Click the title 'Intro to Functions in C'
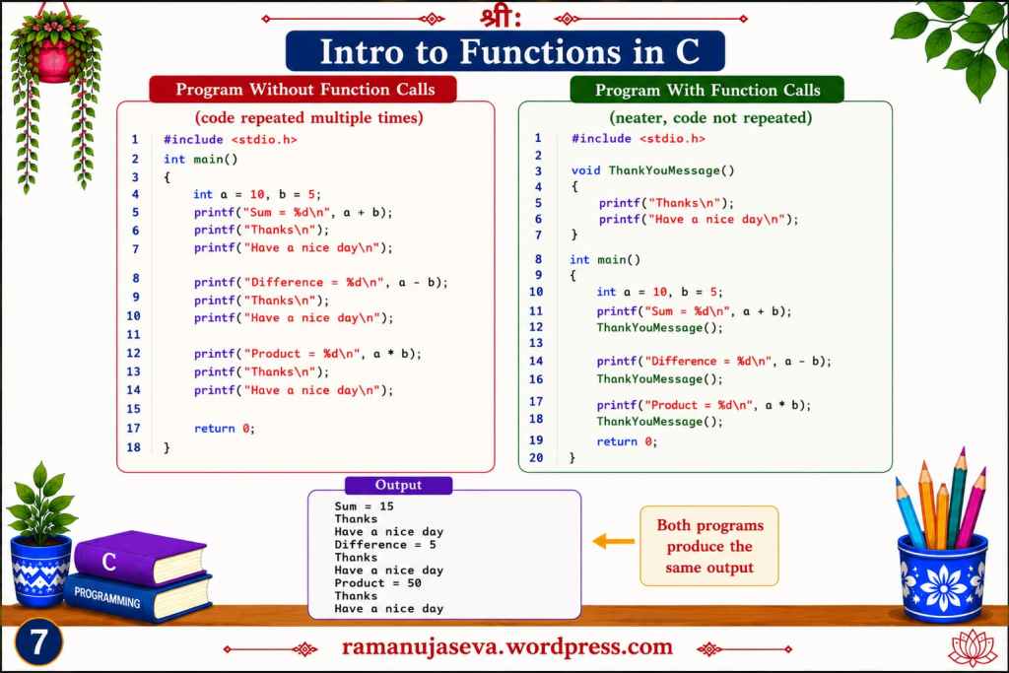(x=505, y=51)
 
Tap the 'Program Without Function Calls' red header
(x=303, y=89)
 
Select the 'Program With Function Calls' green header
(x=706, y=90)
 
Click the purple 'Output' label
(x=398, y=485)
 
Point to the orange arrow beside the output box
(x=613, y=541)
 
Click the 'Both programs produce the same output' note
(x=709, y=546)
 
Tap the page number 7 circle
(x=38, y=641)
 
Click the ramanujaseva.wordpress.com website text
(x=507, y=646)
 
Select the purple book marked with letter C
(x=140, y=557)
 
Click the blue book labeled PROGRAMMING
(x=138, y=598)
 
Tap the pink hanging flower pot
(x=54, y=62)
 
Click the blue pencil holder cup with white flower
(x=943, y=577)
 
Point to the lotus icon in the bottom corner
(x=973, y=648)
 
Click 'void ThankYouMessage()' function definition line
(x=652, y=170)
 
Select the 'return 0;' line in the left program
(x=225, y=429)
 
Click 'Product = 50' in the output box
(x=377, y=583)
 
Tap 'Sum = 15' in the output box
(x=364, y=506)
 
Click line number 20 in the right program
(x=536, y=457)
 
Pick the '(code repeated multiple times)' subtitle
(x=308, y=117)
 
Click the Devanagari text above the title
(x=500, y=17)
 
